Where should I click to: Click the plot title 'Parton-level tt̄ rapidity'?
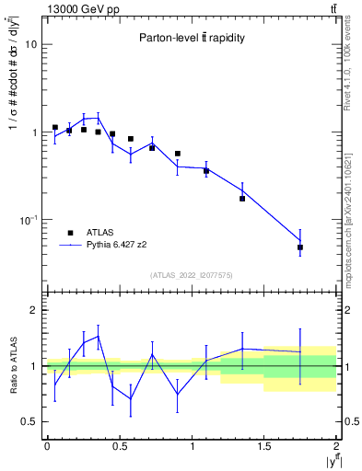(192, 39)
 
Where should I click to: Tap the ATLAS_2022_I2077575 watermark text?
(192, 275)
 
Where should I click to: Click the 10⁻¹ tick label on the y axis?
(28, 221)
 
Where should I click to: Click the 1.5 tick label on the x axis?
(263, 446)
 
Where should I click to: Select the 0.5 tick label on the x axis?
(119, 446)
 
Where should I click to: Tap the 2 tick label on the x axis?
(336, 446)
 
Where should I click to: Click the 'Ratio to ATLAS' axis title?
(11, 365)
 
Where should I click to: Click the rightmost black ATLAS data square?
(300, 247)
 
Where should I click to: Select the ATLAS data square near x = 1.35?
(242, 198)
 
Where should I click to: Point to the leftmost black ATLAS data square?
(55, 127)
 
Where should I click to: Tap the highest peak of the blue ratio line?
(98, 336)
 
